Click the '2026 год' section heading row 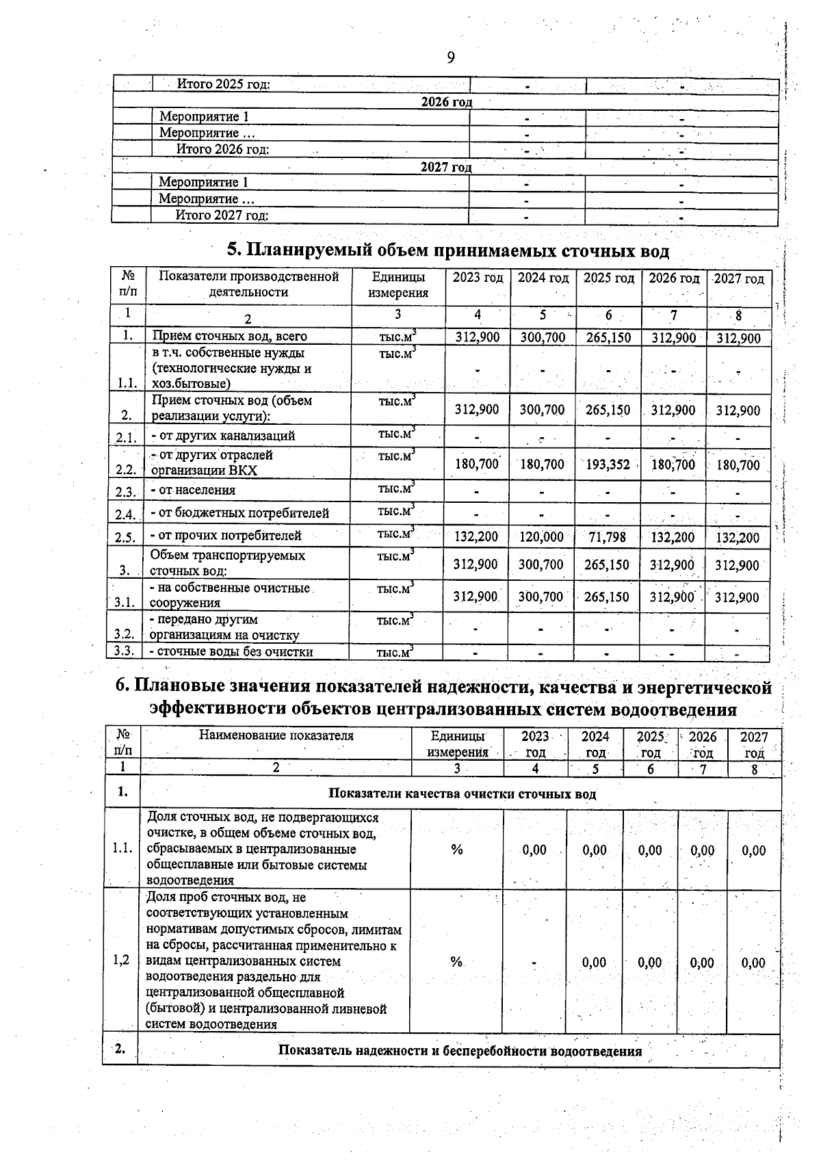pyautogui.click(x=446, y=102)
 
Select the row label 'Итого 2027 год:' pyautogui.click(x=222, y=216)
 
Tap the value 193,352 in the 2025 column pyautogui.click(x=608, y=465)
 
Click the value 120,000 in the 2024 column pyautogui.click(x=541, y=537)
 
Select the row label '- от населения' pyautogui.click(x=193, y=490)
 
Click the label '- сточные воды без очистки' pyautogui.click(x=231, y=651)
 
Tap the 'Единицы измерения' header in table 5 pyautogui.click(x=398, y=285)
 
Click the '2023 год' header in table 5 pyautogui.click(x=478, y=278)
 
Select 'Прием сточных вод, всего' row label pyautogui.click(x=229, y=336)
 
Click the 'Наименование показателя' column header pyautogui.click(x=276, y=735)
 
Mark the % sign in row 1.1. pyautogui.click(x=457, y=849)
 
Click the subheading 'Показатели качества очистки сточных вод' pyautogui.click(x=462, y=794)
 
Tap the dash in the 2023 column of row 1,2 pyautogui.click(x=534, y=963)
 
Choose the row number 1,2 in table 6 pyautogui.click(x=121, y=959)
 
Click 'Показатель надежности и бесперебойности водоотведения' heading pyautogui.click(x=460, y=1051)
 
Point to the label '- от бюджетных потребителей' pyautogui.click(x=239, y=513)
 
